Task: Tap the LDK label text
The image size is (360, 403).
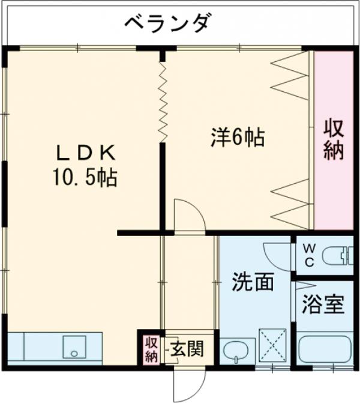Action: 84,153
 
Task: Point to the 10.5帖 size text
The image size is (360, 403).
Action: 85,178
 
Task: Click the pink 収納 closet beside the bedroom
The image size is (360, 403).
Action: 334,140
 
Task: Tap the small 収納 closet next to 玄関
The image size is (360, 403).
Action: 151,348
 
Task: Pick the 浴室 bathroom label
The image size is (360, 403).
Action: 322,305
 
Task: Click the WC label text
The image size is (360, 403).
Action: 308,255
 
